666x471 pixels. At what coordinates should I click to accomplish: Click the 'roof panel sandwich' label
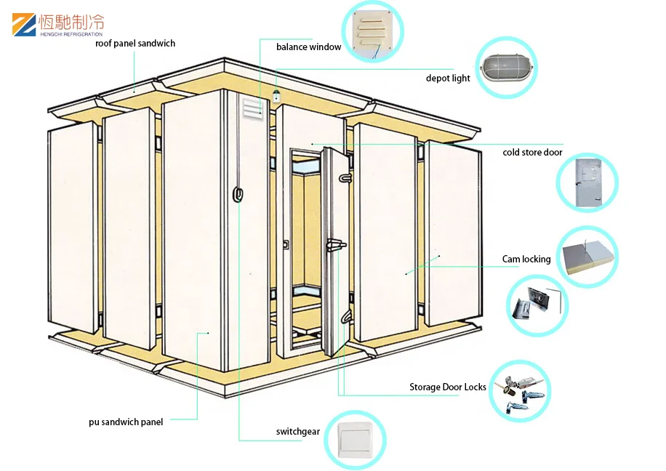point(135,44)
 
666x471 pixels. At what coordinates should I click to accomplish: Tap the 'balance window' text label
point(308,47)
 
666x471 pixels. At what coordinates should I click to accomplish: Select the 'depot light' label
point(448,78)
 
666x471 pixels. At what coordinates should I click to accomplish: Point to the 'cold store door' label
point(532,153)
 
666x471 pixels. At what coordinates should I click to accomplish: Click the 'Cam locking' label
point(526,259)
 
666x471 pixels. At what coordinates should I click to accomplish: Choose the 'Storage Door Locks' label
point(447,387)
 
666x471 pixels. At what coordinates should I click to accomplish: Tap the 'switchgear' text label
point(298,432)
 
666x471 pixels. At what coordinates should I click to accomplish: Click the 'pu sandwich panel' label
point(126,422)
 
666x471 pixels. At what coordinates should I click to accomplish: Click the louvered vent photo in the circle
point(373,31)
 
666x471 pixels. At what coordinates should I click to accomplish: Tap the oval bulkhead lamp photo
point(506,71)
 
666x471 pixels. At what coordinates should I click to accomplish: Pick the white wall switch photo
point(354,439)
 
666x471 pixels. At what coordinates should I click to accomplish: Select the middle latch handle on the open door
point(336,245)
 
